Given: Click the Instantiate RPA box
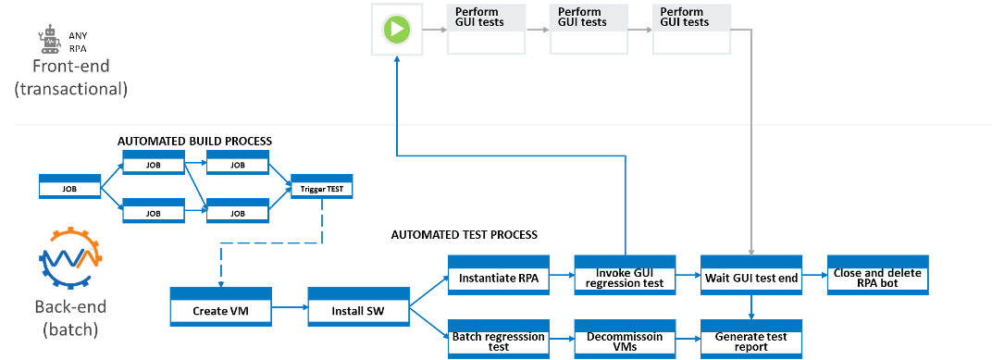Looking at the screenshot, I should (499, 274).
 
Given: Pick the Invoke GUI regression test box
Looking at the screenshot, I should (625, 274).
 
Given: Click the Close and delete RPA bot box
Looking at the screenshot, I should (875, 274).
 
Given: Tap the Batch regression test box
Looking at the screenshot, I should (499, 340).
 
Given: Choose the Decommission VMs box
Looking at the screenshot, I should (625, 340).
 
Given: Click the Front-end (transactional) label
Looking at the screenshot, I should (78, 78).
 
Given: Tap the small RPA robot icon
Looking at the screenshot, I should (50, 37).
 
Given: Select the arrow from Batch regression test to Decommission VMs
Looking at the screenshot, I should (562, 340).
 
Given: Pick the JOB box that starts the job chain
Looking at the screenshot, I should (69, 188).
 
